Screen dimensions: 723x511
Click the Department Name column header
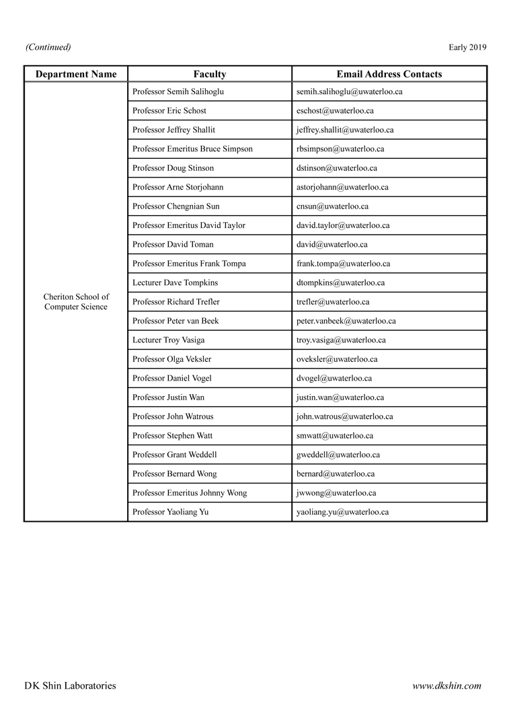(x=76, y=74)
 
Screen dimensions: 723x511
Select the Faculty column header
(x=209, y=74)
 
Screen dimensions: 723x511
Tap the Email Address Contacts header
(x=389, y=74)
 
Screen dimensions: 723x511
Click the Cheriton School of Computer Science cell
(x=76, y=301)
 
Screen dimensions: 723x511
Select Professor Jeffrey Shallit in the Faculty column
(x=173, y=130)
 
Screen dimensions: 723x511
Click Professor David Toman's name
(x=173, y=244)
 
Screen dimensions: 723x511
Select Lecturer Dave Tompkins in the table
(x=175, y=282)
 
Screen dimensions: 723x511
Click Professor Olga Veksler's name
(x=171, y=359)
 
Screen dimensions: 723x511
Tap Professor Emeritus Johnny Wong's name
(x=190, y=493)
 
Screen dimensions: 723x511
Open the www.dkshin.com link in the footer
(x=446, y=686)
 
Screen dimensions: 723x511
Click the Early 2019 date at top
(x=467, y=47)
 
